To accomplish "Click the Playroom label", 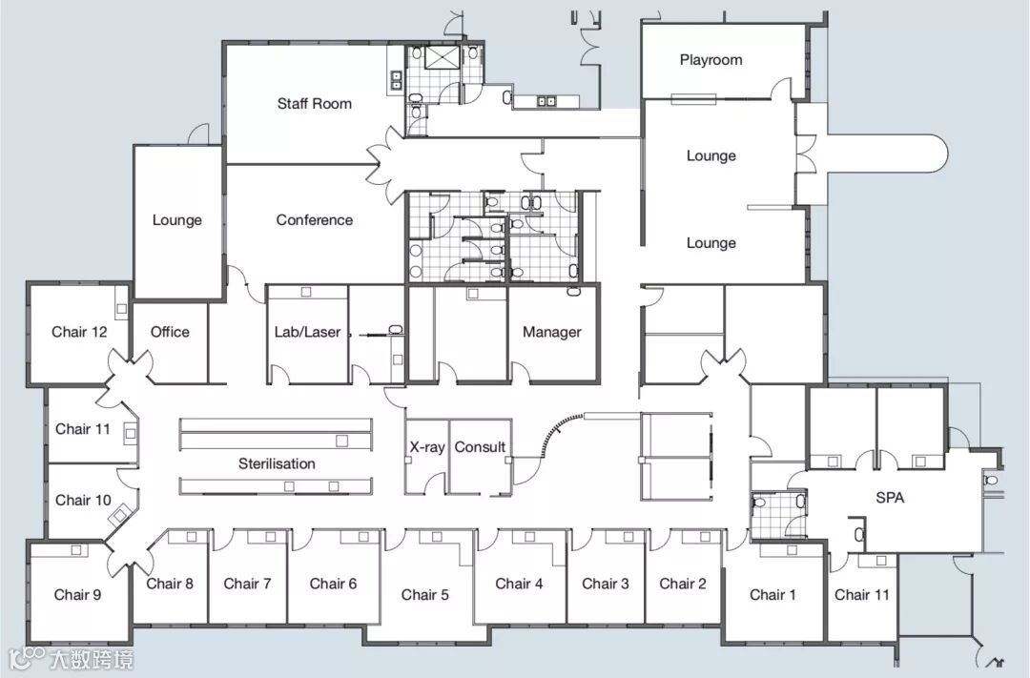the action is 711,60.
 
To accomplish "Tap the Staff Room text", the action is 314,103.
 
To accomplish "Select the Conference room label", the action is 314,220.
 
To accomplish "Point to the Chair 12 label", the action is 79,332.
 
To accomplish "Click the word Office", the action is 170,332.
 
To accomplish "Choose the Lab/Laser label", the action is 307,332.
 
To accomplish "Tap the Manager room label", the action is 552,332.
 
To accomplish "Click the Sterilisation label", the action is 277,463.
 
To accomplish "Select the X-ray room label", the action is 427,447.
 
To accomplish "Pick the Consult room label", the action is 480,447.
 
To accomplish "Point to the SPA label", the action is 890,498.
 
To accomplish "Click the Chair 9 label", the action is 77,595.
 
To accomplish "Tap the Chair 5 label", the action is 425,595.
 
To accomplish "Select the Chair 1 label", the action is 772,595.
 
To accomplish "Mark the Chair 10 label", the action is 83,500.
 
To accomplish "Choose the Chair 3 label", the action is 605,584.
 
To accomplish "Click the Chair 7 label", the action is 247,584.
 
